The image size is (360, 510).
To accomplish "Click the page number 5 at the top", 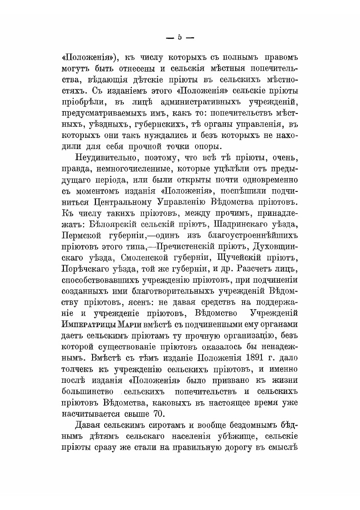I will [x=180, y=38].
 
